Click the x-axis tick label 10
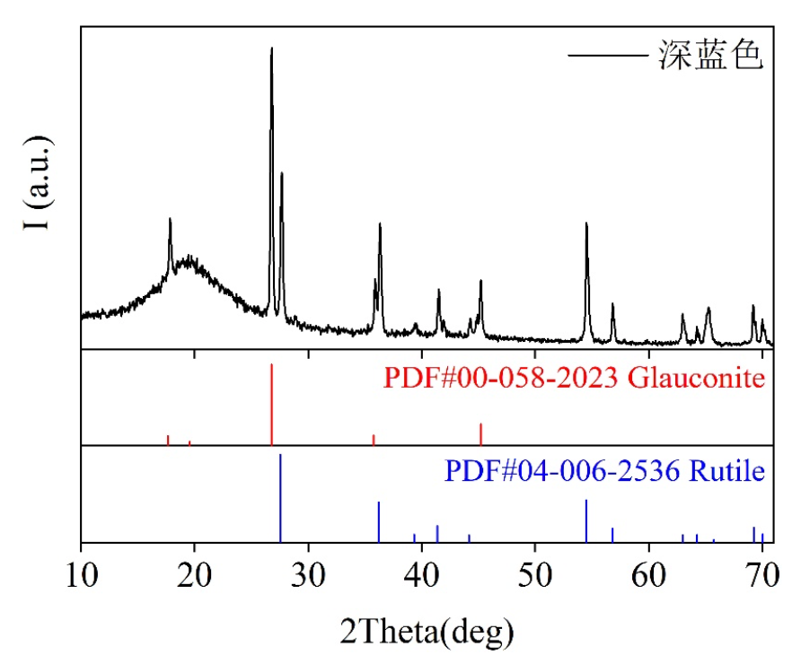click(81, 574)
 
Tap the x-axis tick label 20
click(194, 574)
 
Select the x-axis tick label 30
click(308, 574)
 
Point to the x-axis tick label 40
click(421, 574)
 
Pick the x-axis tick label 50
click(534, 574)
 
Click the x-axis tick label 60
click(648, 574)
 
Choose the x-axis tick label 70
click(761, 574)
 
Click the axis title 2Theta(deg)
click(427, 629)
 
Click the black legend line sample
click(607, 57)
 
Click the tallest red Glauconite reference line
click(271, 404)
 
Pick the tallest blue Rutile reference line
click(281, 498)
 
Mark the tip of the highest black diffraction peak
click(271, 48)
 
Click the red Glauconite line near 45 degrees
click(480, 433)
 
